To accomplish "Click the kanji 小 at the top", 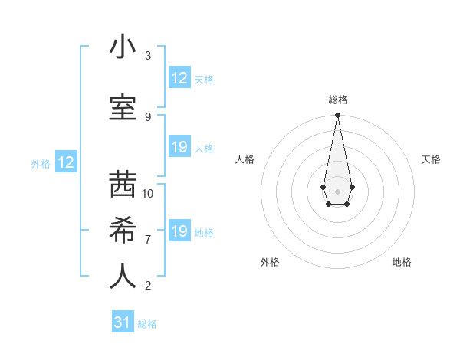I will [x=123, y=47].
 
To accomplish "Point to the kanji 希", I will [x=123, y=231].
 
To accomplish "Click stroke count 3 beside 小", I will [x=148, y=56].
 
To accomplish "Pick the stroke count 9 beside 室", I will [x=148, y=117].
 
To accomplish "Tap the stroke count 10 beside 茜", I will [x=148, y=194].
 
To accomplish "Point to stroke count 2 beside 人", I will [x=148, y=286].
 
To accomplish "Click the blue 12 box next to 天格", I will [x=179, y=78].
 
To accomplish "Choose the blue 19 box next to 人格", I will [x=179, y=147].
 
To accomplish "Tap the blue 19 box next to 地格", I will [x=179, y=231].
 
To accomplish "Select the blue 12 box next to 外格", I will [x=66, y=162].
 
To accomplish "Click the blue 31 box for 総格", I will [x=123, y=322].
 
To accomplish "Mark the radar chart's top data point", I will [x=337, y=116].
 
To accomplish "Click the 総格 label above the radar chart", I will [x=338, y=100].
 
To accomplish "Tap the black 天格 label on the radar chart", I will [x=432, y=159].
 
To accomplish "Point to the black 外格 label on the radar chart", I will [x=270, y=262].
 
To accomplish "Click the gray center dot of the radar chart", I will [x=337, y=190].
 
